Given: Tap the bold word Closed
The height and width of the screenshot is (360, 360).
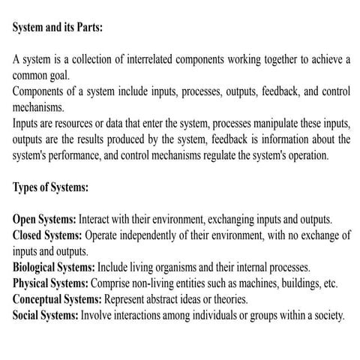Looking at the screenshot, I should (x=31, y=235).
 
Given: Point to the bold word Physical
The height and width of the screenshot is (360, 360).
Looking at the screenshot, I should (x=34, y=283).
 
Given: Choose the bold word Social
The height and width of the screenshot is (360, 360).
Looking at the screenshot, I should (x=28, y=315).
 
